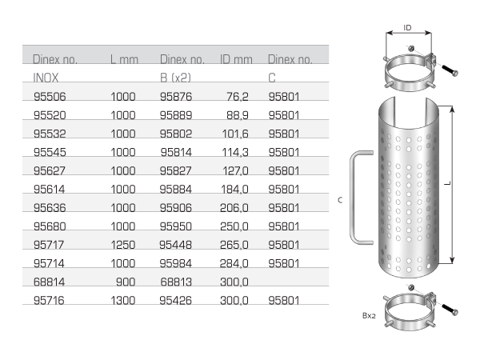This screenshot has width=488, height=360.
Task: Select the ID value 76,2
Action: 238,97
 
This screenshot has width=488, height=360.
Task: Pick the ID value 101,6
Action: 235,134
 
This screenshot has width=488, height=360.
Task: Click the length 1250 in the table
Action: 123,243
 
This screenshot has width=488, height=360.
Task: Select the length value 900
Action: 126,280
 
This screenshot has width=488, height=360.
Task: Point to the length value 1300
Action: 123,298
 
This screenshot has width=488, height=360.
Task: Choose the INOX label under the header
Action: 47,78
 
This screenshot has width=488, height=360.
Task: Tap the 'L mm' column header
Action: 126,60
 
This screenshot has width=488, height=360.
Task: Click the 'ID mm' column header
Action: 236,60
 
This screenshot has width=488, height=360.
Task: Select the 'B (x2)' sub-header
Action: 175,78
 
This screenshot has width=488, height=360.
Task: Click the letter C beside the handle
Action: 340,200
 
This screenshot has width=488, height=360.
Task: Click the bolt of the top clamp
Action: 448,73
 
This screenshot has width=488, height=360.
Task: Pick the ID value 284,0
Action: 235,262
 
